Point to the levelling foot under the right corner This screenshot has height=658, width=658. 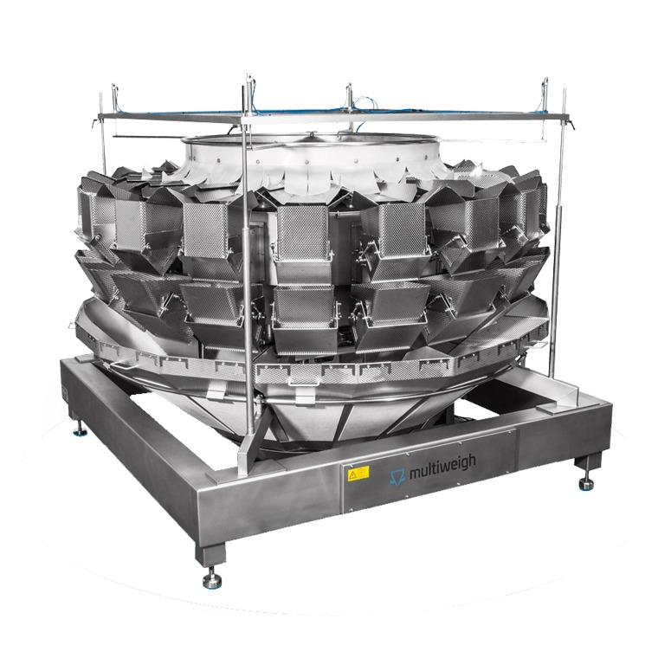coord(586,484)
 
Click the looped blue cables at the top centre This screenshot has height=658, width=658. coord(366,106)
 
